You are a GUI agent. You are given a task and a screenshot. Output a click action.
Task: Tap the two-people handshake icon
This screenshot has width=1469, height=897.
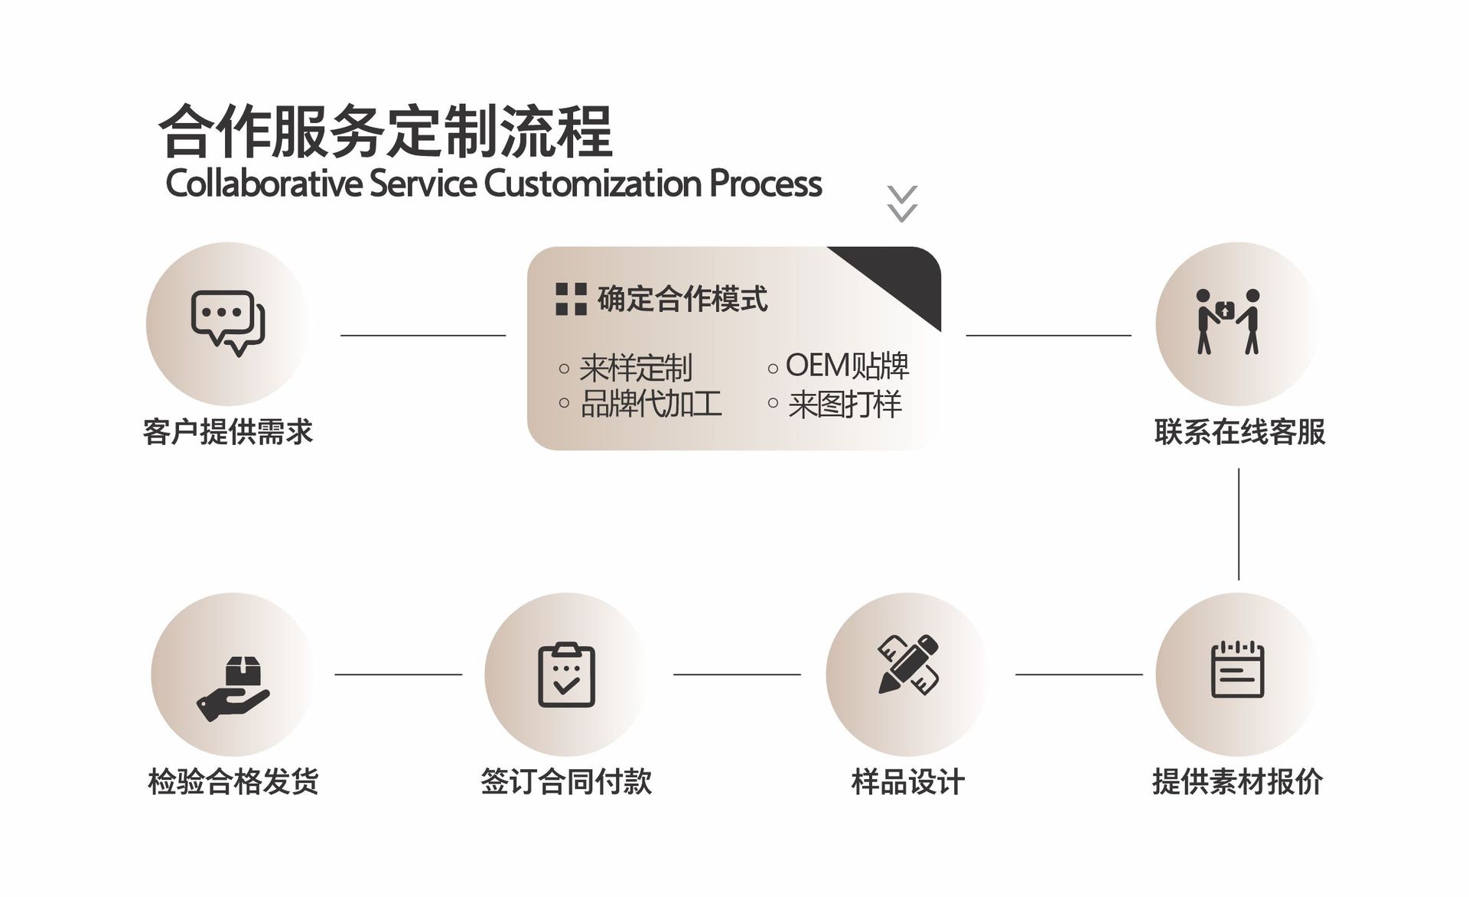click(x=1227, y=321)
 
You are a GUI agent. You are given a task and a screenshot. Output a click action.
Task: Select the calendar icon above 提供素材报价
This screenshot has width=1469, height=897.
click(x=1237, y=670)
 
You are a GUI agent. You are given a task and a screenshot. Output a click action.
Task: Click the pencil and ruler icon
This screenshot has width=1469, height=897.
click(x=908, y=664)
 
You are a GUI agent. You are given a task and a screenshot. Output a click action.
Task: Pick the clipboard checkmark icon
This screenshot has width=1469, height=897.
click(x=566, y=674)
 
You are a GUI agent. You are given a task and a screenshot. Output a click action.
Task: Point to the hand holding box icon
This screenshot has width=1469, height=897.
click(x=233, y=688)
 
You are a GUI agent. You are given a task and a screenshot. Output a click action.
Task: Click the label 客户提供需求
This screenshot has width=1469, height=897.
click(x=228, y=432)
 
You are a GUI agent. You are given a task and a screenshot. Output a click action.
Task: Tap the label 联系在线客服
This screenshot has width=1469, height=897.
click(x=1239, y=432)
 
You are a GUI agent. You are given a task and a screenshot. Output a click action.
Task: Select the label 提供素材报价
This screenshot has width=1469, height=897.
click(x=1237, y=782)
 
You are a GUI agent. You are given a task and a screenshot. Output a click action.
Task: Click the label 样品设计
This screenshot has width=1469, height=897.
click(x=908, y=782)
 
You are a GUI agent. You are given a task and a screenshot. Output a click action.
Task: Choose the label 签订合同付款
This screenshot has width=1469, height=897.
click(x=566, y=782)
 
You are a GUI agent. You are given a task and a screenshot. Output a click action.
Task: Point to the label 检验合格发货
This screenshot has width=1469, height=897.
click(x=233, y=782)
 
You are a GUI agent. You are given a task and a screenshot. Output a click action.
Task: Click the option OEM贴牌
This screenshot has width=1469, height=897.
click(x=847, y=366)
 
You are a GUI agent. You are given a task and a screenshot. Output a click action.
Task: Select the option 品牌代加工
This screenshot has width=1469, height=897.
click(x=650, y=404)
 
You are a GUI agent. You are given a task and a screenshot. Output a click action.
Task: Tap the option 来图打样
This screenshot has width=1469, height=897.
click(x=845, y=404)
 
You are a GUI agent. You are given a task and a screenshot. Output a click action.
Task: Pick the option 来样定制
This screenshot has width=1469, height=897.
click(x=635, y=368)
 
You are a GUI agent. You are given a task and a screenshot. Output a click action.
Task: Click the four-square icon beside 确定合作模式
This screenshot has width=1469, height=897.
click(x=571, y=299)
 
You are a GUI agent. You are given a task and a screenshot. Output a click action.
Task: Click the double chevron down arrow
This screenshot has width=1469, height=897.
click(x=902, y=203)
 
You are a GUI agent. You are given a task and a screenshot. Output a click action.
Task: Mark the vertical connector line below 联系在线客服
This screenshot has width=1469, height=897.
click(x=1239, y=524)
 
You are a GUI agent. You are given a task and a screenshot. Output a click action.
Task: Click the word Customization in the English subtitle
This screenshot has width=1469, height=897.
click(x=592, y=184)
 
